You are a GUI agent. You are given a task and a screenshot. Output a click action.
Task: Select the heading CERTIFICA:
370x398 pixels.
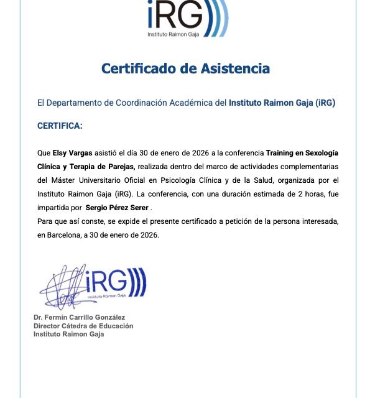(60, 126)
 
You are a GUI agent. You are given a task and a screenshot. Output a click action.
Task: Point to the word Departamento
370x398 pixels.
(79, 103)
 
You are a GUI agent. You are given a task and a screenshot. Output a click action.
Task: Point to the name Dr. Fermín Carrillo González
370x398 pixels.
(80, 318)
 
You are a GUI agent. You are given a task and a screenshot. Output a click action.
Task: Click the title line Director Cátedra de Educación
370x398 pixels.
(83, 326)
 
